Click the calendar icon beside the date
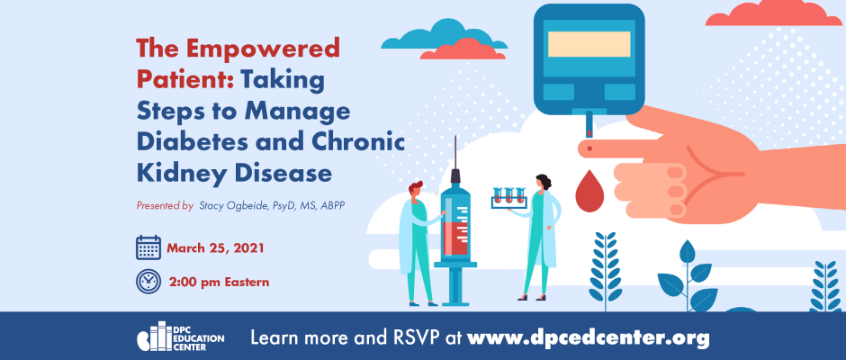[148, 247]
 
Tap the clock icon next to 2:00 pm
[148, 281]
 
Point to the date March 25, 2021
[215, 248]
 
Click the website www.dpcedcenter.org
[588, 337]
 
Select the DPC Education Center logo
[180, 337]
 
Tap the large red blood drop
[589, 191]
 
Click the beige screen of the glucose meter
[589, 44]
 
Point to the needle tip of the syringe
[456, 137]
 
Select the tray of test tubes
[508, 199]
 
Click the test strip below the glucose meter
[589, 123]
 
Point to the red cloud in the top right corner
[773, 13]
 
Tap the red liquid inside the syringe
[455, 238]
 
